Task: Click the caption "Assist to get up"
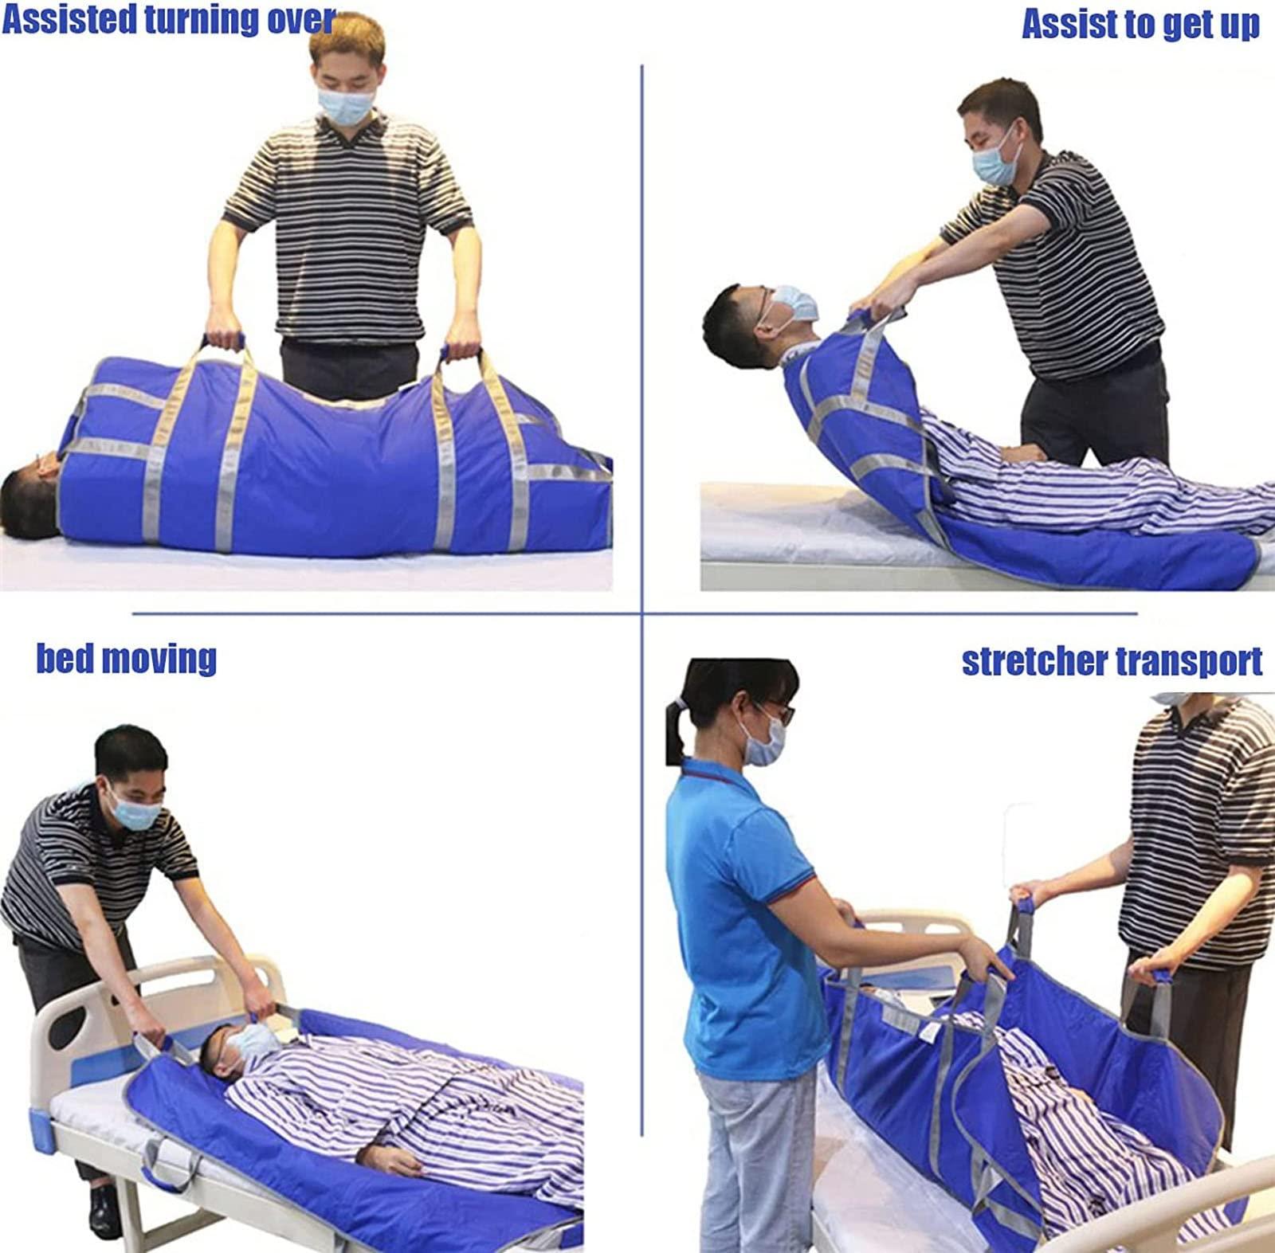pyautogui.click(x=1140, y=25)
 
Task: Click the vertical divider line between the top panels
pyautogui.click(x=642, y=319)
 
